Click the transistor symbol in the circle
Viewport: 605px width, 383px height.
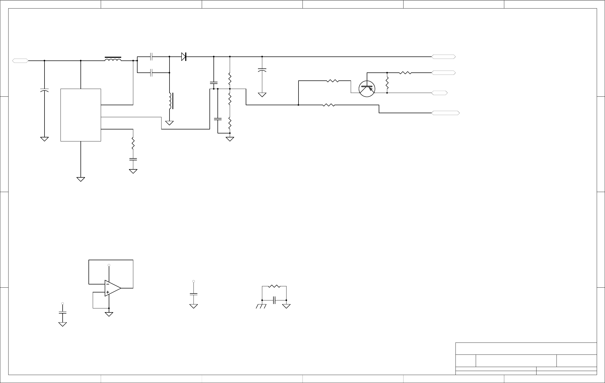point(367,89)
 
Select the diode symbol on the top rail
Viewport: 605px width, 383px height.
point(184,56)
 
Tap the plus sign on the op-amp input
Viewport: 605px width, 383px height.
point(108,292)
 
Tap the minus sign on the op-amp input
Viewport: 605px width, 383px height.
point(107,284)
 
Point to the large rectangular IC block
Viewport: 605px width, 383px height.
point(80,115)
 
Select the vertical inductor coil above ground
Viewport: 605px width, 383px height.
point(170,101)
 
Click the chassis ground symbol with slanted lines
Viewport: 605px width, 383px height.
point(261,306)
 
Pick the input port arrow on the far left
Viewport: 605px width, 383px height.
point(20,61)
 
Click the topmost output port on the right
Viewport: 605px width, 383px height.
point(443,57)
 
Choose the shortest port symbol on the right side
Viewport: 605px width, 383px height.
point(439,93)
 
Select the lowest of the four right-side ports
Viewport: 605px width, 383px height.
point(445,113)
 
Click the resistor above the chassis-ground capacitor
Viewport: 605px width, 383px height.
point(274,286)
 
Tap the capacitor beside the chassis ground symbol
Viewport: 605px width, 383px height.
point(274,300)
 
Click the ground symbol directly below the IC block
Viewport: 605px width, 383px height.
point(80,179)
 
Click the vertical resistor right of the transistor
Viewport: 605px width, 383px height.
point(387,83)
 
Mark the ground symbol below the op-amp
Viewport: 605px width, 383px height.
point(109,314)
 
